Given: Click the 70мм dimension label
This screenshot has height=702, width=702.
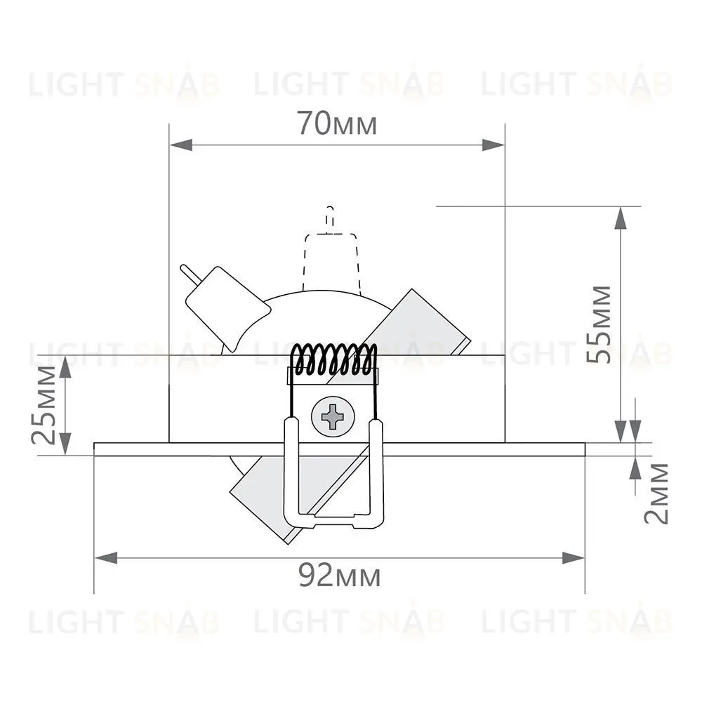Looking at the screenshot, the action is tap(337, 123).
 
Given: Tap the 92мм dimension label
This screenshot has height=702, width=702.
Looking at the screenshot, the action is tap(339, 576).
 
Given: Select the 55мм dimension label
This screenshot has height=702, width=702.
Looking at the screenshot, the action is tap(599, 324).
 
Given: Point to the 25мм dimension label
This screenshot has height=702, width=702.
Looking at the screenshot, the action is tap(44, 405).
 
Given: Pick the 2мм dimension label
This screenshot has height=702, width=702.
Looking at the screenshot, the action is tap(656, 494).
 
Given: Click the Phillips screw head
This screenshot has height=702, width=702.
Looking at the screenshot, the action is tap(333, 417).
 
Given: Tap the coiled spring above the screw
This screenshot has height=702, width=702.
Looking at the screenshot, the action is tap(333, 359).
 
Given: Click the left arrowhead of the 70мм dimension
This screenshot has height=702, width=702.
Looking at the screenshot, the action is tap(181, 145).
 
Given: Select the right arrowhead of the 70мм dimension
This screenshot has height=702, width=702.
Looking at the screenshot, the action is tap(493, 145).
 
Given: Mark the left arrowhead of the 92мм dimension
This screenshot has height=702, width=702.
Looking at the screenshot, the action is tap(106, 558).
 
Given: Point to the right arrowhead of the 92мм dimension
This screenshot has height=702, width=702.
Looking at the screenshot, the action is tap(573, 558).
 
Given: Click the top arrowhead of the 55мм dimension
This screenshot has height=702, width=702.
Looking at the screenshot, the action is tap(620, 218).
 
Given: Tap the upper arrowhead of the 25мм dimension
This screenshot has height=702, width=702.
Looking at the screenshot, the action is tap(65, 367).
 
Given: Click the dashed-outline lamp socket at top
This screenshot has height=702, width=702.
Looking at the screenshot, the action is tap(331, 251).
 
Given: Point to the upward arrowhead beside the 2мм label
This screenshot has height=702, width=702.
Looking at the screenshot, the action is tap(635, 468).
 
